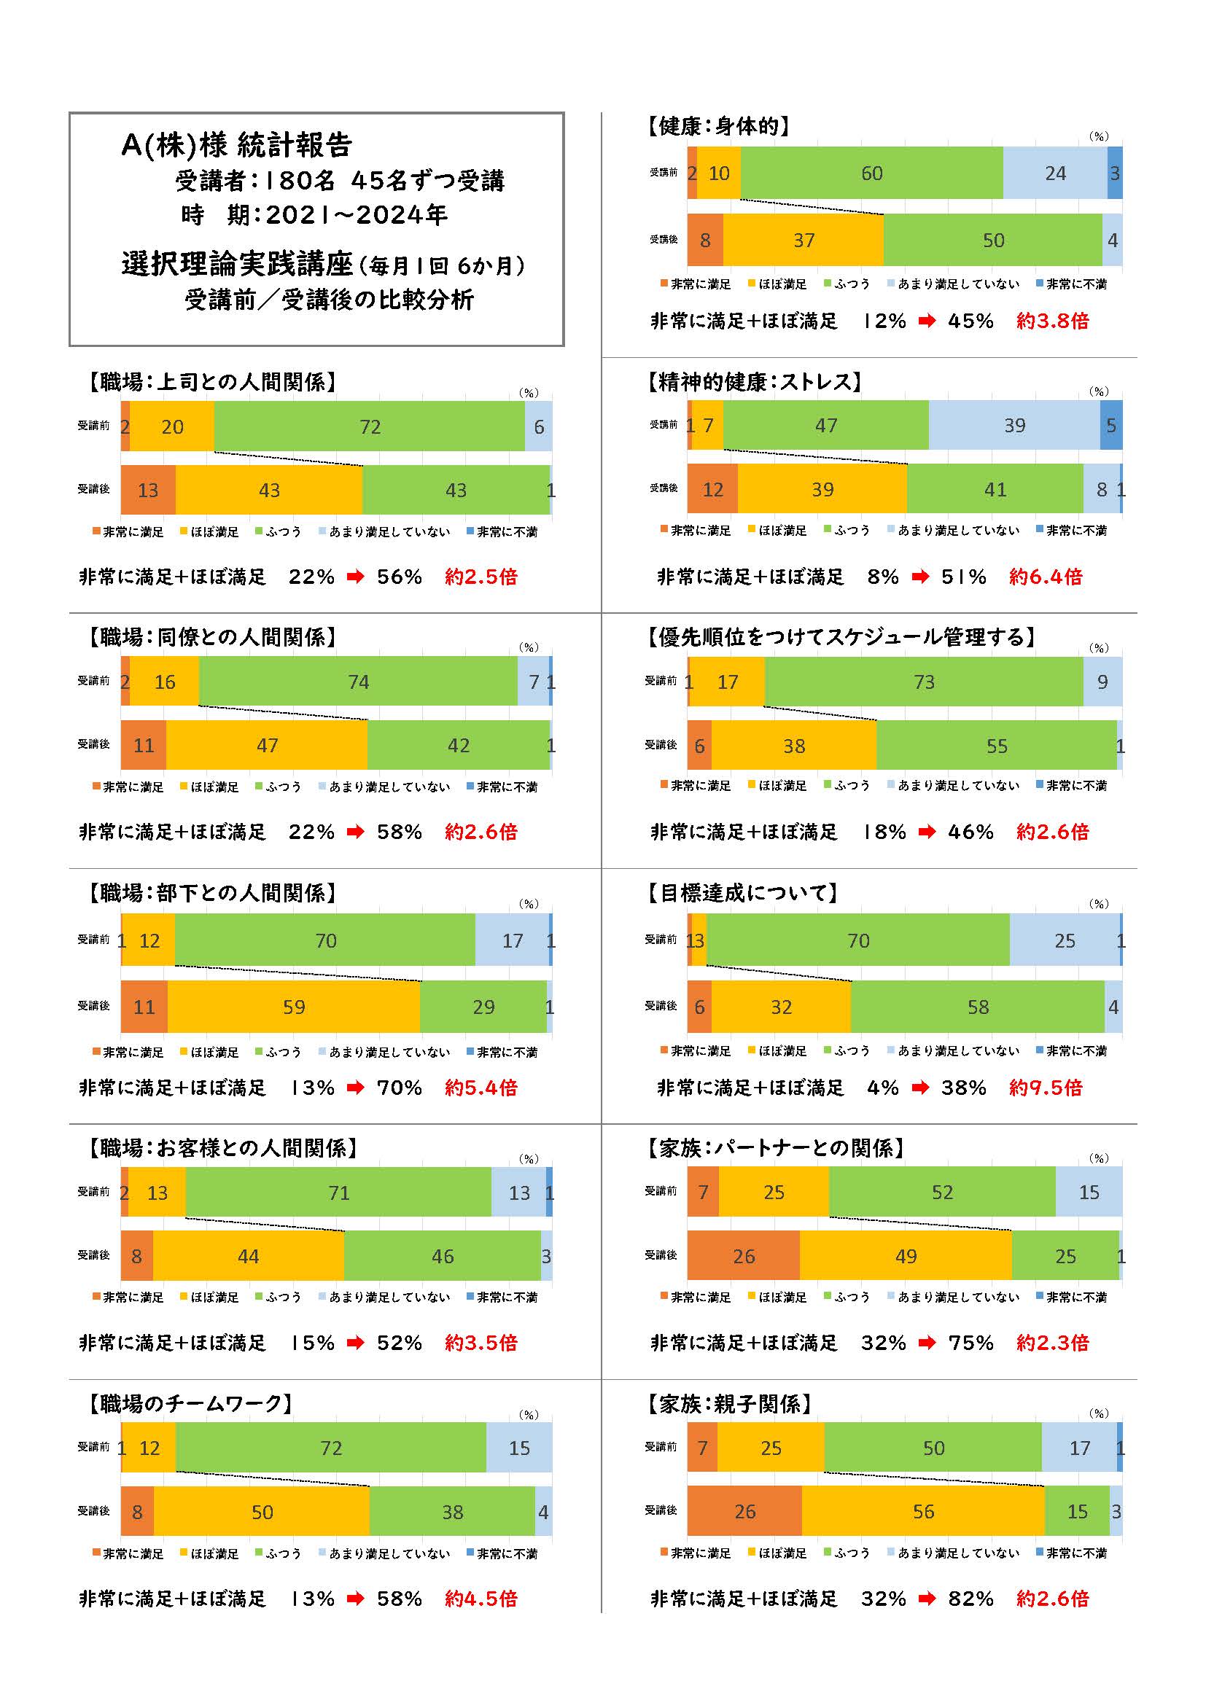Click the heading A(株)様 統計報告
coord(236,146)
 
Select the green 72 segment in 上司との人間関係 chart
coord(369,426)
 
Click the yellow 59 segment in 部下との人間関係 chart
coord(293,1006)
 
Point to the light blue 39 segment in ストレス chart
coord(1014,425)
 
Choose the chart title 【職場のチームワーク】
coord(190,1402)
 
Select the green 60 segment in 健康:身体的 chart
coord(871,173)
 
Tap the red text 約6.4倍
coord(1045,577)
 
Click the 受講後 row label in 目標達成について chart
coord(660,1005)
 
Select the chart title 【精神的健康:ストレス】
coord(754,382)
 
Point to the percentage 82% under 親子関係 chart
coord(970,1598)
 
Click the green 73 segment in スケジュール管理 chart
coord(923,682)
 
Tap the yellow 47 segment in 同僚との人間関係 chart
coord(267,745)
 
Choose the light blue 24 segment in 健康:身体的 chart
coord(1054,173)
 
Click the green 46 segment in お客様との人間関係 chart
coord(442,1256)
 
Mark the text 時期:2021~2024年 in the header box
coord(314,215)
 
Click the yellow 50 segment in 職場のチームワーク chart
coord(262,1512)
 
